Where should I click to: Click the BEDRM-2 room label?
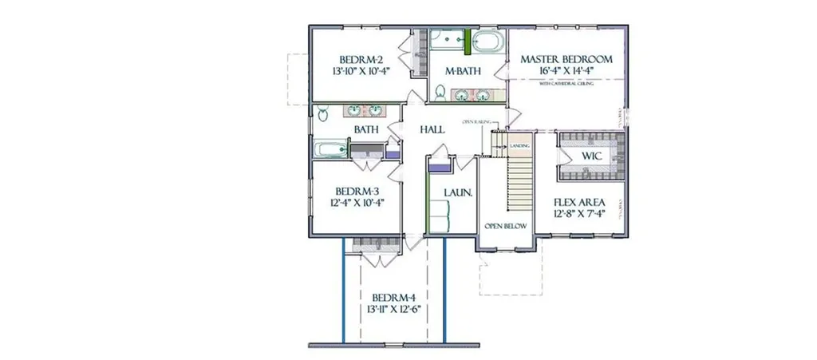(x=361, y=59)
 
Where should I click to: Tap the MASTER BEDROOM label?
(x=566, y=59)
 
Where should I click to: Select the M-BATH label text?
(x=463, y=71)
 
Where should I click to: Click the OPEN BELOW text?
(x=507, y=226)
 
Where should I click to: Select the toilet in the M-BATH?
(x=440, y=93)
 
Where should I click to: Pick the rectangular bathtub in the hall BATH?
(x=329, y=148)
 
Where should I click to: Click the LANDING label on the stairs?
(x=520, y=146)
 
